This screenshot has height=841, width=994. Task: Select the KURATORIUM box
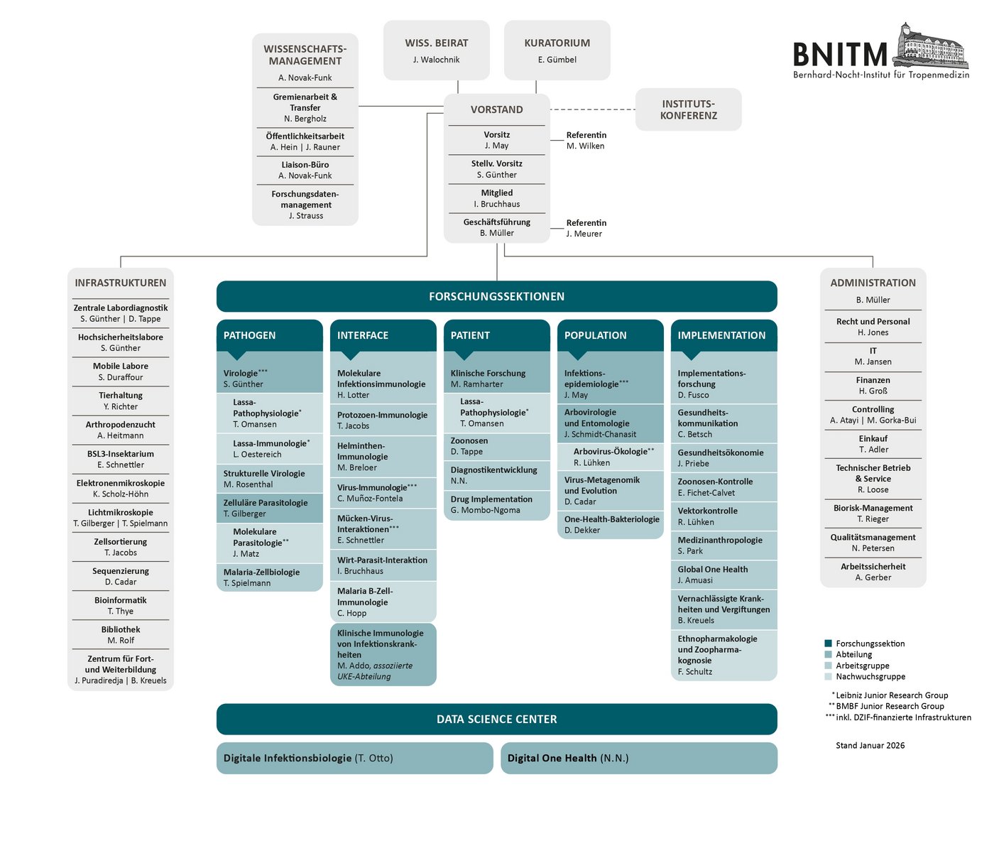click(x=557, y=50)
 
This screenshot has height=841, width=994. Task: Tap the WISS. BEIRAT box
click(x=436, y=50)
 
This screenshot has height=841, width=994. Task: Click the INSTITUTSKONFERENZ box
click(x=688, y=109)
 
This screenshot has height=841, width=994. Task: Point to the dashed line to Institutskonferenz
click(x=593, y=109)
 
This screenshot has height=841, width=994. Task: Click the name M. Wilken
click(x=585, y=146)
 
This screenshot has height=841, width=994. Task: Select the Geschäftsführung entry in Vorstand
click(x=496, y=227)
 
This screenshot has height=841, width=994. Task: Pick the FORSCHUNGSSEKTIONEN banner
click(x=496, y=296)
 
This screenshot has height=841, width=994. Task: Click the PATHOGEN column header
click(x=269, y=335)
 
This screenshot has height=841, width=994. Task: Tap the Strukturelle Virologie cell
click(x=269, y=479)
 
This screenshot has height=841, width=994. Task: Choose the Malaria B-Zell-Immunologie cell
click(x=383, y=602)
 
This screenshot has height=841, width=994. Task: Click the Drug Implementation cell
click(x=496, y=505)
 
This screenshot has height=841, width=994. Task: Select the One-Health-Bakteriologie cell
click(x=610, y=525)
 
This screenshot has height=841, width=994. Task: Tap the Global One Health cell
click(x=723, y=575)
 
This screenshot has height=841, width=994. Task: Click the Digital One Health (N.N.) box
click(x=638, y=758)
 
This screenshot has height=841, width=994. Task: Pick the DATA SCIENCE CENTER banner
click(x=496, y=719)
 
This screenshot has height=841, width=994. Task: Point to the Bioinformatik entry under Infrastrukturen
click(x=121, y=605)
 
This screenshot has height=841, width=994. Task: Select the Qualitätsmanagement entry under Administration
click(x=873, y=543)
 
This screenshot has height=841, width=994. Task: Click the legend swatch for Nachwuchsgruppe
click(x=828, y=677)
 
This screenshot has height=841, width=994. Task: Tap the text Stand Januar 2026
click(x=870, y=746)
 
